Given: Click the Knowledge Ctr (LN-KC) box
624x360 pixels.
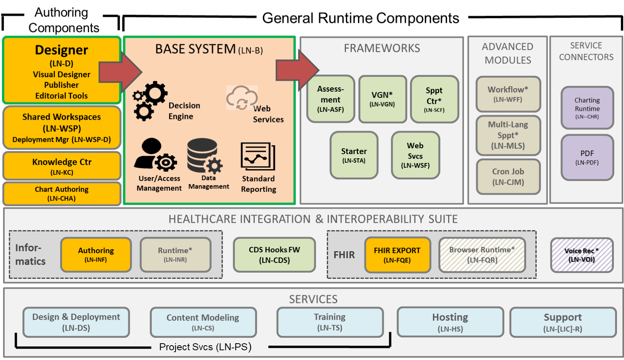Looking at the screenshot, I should pyautogui.click(x=62, y=166).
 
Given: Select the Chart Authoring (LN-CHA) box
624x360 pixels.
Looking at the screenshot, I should pyautogui.click(x=62, y=193).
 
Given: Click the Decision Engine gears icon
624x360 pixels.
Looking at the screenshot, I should pyautogui.click(x=150, y=101).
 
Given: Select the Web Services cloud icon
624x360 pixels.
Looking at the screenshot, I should pyautogui.click(x=242, y=98).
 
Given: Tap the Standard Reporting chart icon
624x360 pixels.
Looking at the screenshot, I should pyautogui.click(x=258, y=156).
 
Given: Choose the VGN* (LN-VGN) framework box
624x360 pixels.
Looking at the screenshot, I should pyautogui.click(x=382, y=99).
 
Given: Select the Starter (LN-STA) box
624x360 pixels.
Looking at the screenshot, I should pyautogui.click(x=354, y=155).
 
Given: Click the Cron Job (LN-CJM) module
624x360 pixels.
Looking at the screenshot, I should pyautogui.click(x=508, y=176).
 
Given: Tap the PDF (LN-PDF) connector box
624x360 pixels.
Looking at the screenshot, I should pyautogui.click(x=587, y=157).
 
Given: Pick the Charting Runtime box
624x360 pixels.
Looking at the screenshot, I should pyautogui.click(x=587, y=108).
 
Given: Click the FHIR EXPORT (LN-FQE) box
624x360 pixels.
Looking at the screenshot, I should pyautogui.click(x=397, y=255).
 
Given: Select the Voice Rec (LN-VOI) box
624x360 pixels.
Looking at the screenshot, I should pyautogui.click(x=581, y=255).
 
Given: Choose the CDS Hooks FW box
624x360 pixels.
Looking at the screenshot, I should pyautogui.click(x=274, y=255).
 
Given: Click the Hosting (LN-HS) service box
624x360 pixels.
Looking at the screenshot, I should pyautogui.click(x=450, y=322).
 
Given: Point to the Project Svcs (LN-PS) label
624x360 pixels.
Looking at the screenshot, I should pyautogui.click(x=205, y=347).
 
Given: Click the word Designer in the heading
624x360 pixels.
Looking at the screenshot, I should pyautogui.click(x=62, y=50).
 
